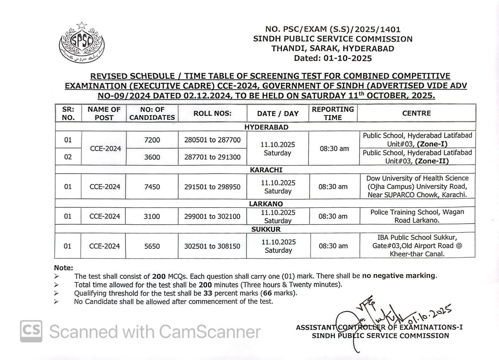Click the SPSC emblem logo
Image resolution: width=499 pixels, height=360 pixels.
[x=81, y=43]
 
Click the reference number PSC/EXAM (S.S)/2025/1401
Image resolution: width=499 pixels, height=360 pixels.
[x=333, y=29]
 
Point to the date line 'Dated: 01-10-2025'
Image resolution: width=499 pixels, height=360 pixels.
[x=333, y=58]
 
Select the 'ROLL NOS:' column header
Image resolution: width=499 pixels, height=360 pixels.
[x=212, y=113]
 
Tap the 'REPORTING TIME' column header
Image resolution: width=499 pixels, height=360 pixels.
[x=333, y=113]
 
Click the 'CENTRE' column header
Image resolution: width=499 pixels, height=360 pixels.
[x=416, y=113]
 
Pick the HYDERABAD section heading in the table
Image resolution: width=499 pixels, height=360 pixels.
[x=266, y=127]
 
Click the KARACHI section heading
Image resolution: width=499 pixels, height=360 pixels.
[x=266, y=170]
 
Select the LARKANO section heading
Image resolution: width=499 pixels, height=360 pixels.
[x=266, y=204]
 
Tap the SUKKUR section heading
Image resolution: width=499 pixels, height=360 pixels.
[x=266, y=229]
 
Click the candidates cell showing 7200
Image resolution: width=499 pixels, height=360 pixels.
[x=152, y=140]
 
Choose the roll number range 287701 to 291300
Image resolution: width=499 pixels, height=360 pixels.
[x=212, y=157]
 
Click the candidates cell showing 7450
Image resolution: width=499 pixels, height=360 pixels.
[x=152, y=187]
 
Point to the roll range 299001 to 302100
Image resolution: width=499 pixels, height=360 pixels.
[x=212, y=216]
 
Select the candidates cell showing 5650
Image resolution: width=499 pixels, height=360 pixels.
[x=152, y=246]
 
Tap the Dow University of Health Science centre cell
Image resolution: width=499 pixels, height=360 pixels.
[x=416, y=186]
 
